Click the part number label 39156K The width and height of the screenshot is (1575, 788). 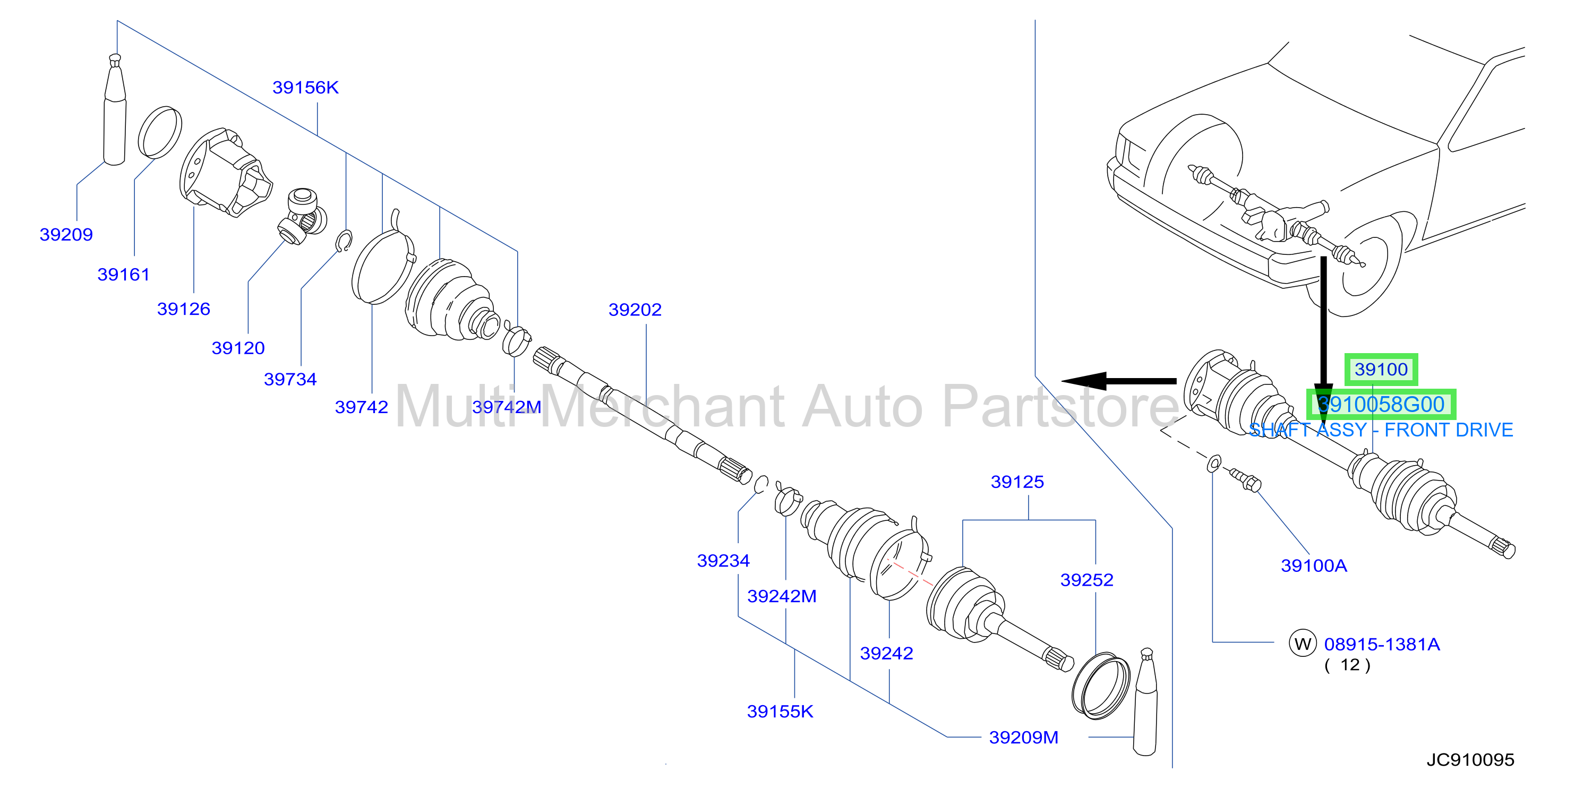coord(305,88)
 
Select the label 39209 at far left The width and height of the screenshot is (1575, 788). coord(66,234)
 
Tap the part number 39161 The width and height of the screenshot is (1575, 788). coord(124,275)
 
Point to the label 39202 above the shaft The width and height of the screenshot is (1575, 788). coord(635,310)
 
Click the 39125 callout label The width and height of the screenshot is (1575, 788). coord(1017,482)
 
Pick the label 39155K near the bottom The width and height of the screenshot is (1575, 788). coord(780,711)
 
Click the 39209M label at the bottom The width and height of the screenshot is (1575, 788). coord(1023,737)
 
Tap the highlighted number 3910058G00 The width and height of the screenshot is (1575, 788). coord(1381,405)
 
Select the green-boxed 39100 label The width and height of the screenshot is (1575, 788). coord(1381,369)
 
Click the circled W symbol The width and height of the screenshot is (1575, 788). coord(1302,643)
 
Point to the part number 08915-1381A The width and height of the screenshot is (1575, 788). coord(1382,644)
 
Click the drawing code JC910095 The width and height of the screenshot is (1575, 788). coord(1470,760)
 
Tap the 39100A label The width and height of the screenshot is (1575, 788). coord(1314,566)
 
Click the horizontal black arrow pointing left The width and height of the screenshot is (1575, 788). coord(1119,381)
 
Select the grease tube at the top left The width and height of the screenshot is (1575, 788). coord(115,110)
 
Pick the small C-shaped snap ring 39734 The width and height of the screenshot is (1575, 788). coord(345,241)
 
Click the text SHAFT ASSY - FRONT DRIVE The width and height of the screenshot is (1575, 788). coord(1381,431)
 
